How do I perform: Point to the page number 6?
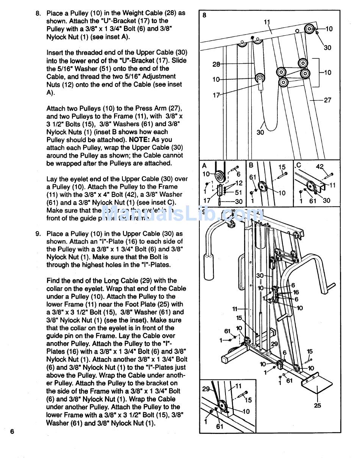(x=12, y=432)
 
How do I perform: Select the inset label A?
(x=205, y=166)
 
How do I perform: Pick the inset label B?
(x=251, y=166)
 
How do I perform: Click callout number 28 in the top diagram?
(x=216, y=64)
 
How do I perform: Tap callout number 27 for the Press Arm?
(x=327, y=100)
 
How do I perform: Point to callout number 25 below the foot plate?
(x=318, y=405)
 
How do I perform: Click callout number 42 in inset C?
(x=320, y=166)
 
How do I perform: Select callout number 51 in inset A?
(x=238, y=193)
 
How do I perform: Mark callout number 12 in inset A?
(x=239, y=183)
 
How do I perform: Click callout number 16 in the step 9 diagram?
(x=296, y=292)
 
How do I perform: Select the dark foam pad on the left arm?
(x=210, y=267)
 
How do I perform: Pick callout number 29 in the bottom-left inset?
(x=206, y=389)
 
